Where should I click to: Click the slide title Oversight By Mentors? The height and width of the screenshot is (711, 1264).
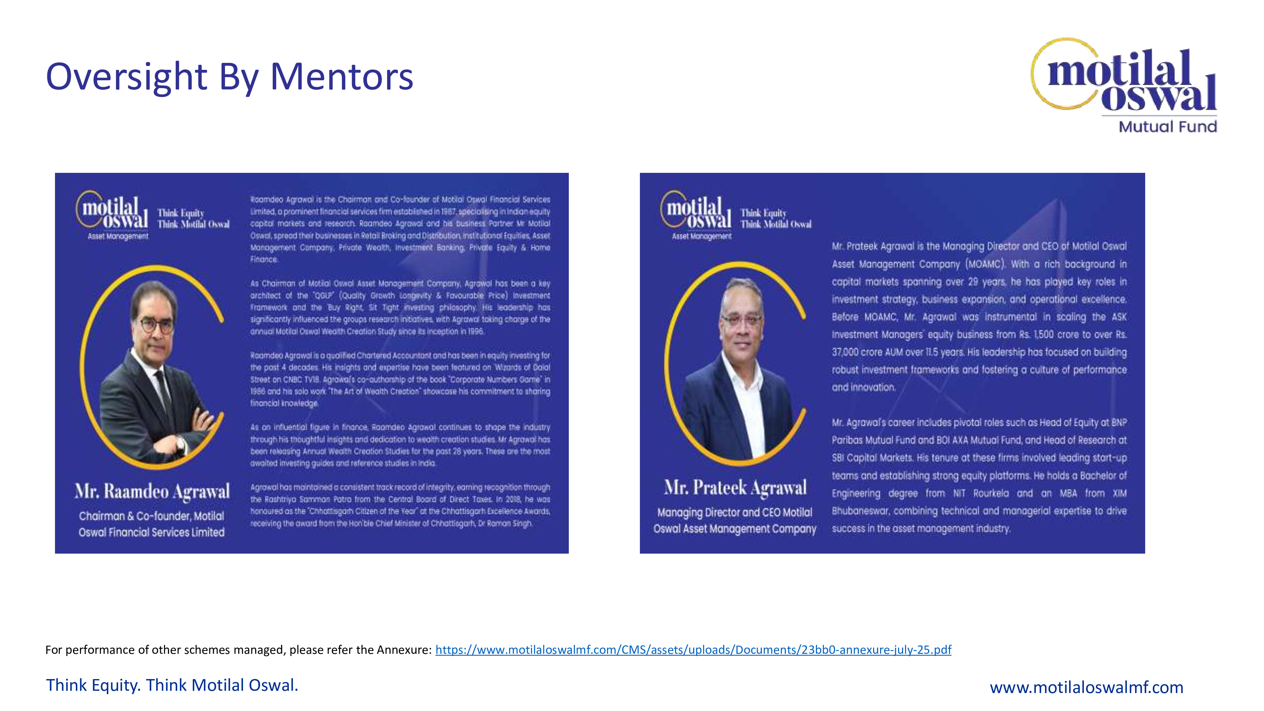tap(229, 77)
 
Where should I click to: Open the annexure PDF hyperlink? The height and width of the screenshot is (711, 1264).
tap(693, 650)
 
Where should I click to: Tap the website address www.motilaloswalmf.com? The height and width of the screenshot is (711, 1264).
tap(1086, 687)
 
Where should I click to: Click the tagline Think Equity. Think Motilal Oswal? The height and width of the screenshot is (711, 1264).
tap(172, 685)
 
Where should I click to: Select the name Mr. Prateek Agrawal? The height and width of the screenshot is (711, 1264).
tap(735, 488)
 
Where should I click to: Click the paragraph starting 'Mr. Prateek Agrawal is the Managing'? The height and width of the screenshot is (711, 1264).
tap(979, 317)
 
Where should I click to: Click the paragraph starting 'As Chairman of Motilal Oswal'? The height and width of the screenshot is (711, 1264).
tap(400, 307)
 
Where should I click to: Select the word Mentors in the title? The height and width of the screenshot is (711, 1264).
tap(342, 77)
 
